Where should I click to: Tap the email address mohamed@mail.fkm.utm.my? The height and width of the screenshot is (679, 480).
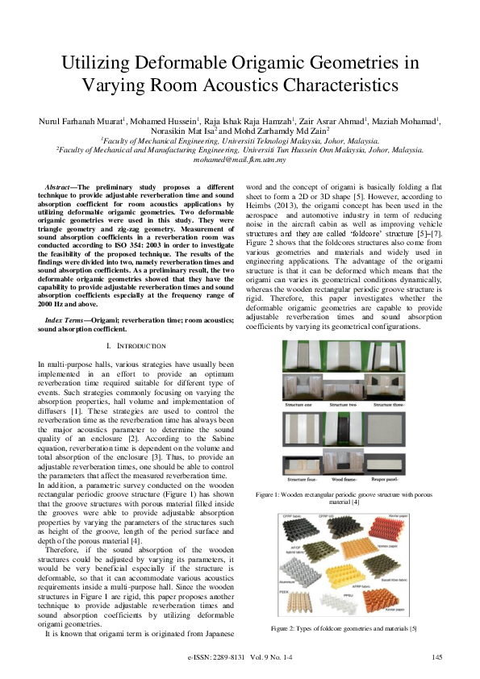tap(240, 160)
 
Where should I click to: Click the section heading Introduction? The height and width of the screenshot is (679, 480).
tap(140, 347)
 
